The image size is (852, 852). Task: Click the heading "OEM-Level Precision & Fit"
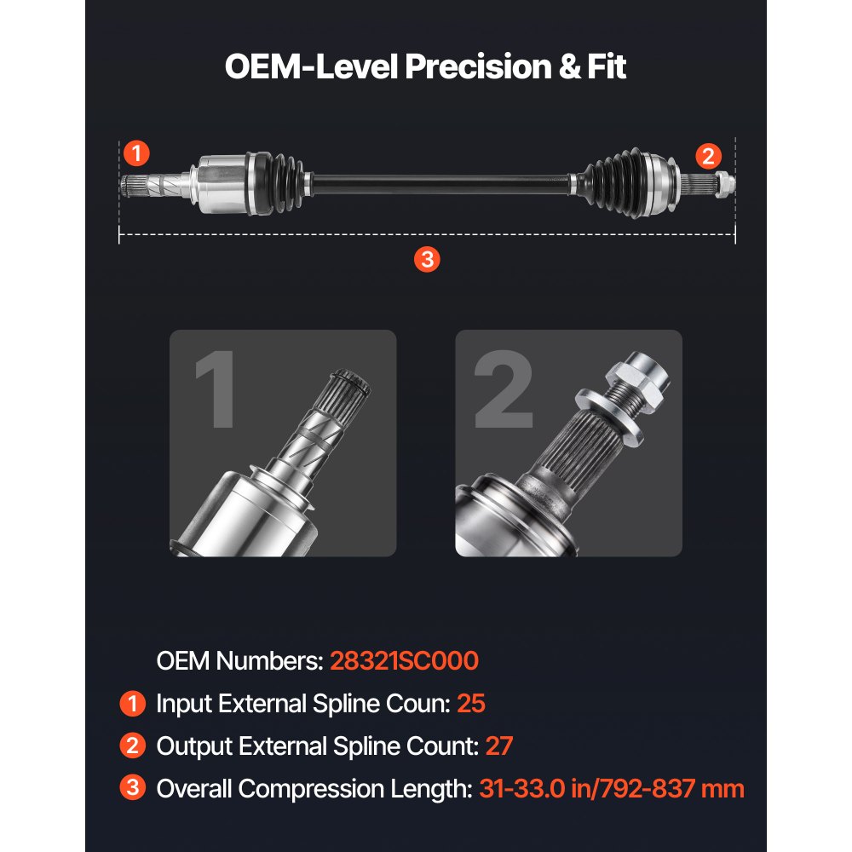tap(425, 66)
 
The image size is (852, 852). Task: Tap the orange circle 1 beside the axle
tap(136, 154)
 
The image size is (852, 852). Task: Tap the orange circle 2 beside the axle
tap(708, 156)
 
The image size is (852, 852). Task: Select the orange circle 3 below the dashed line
tap(427, 260)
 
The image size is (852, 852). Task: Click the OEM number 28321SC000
tap(404, 660)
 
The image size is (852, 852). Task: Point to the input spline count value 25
tap(471, 704)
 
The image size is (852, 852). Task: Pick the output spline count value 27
tap(499, 746)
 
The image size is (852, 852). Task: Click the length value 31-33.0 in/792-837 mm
tap(611, 789)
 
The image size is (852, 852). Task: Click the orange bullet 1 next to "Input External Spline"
tap(132, 704)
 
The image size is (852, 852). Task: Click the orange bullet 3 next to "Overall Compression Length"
tap(132, 789)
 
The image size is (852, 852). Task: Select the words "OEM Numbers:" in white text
tap(238, 660)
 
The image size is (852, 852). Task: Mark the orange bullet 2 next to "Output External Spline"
tap(132, 746)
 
